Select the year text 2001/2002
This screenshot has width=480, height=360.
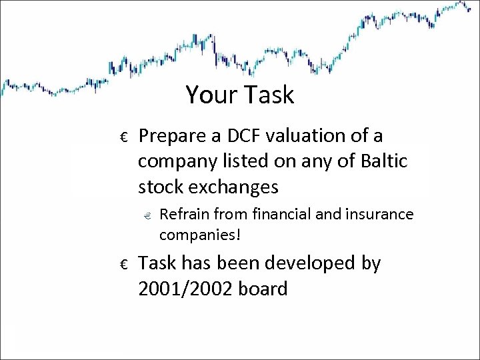point(188,289)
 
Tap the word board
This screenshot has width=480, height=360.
point(265,289)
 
